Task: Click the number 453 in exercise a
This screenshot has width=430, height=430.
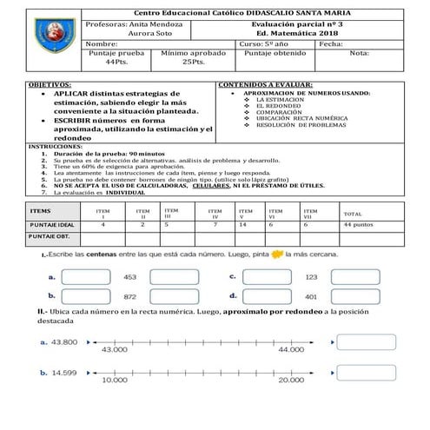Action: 130,276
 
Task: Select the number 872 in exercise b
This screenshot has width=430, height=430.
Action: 130,297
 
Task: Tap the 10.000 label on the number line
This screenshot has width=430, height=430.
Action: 114,380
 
